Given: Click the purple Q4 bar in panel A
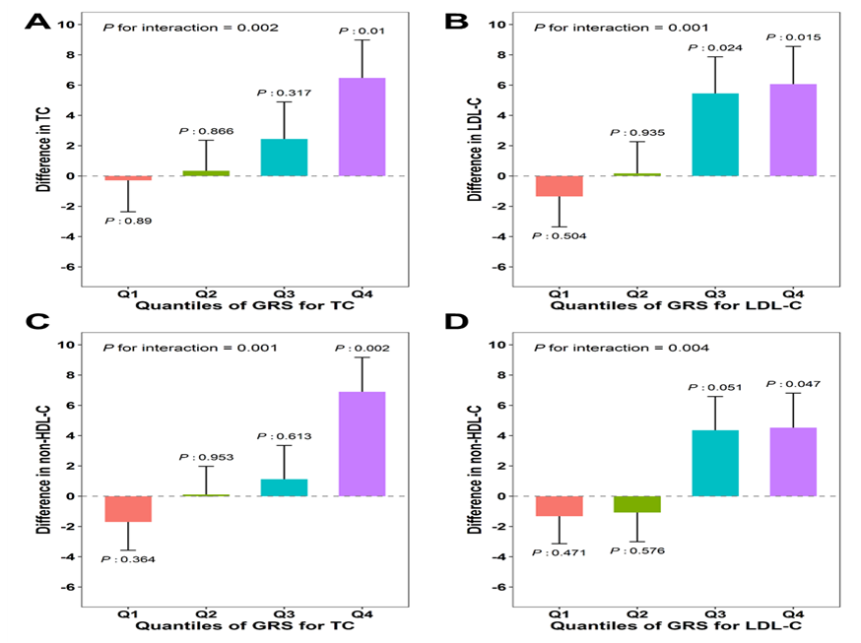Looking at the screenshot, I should [x=362, y=127].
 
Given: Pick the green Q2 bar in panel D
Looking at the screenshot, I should [x=637, y=504].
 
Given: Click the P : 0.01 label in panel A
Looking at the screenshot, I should [x=362, y=32].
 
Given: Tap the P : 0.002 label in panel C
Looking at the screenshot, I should [x=362, y=348].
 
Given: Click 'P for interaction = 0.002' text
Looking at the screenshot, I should [x=191, y=28].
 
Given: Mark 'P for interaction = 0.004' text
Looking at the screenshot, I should [x=624, y=348].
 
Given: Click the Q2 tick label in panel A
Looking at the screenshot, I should [x=204, y=292].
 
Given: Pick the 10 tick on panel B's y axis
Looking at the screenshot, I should [x=499, y=24].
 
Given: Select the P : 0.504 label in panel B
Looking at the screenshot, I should [x=559, y=236].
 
